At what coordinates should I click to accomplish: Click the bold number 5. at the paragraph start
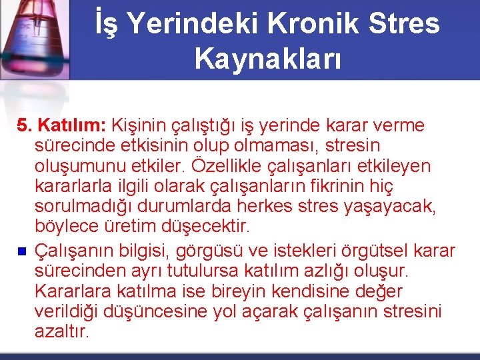click(25, 125)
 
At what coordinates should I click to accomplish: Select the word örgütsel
click(377, 251)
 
